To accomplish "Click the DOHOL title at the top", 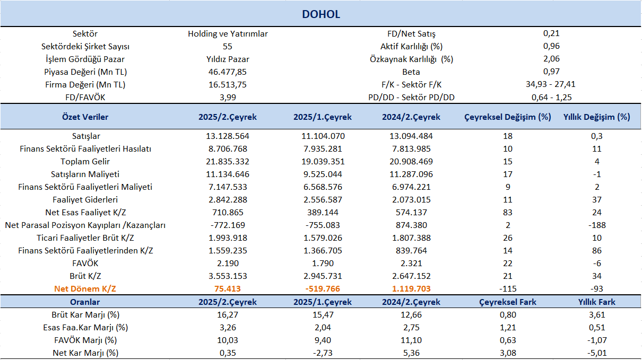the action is pos(321,14).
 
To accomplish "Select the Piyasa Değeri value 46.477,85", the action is pos(228,72).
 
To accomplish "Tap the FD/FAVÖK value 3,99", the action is pos(228,98).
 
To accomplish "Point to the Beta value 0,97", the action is pos(551,72).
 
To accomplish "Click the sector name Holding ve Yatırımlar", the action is pos(228,34).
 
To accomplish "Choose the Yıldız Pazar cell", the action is pos(228,59).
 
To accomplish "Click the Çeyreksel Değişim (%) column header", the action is pos(508,117).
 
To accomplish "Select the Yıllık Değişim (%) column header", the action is pos(597,117).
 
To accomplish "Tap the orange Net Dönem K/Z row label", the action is pos(85,288).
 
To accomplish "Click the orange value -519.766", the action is pos(323,288).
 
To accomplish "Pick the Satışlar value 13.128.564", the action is pos(228,136).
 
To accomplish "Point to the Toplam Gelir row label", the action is pos(85,162).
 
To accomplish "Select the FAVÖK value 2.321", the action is pos(411,263).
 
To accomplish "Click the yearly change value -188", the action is pos(597,225).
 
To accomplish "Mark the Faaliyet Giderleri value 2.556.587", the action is pos(323,200).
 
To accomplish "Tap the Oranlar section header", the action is pos(85,302).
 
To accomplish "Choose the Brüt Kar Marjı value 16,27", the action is pos(228,315).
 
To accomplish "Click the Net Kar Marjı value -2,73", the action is pos(323,353).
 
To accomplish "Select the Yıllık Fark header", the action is pos(597,302).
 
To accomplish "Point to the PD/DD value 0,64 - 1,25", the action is pos(551,98).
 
